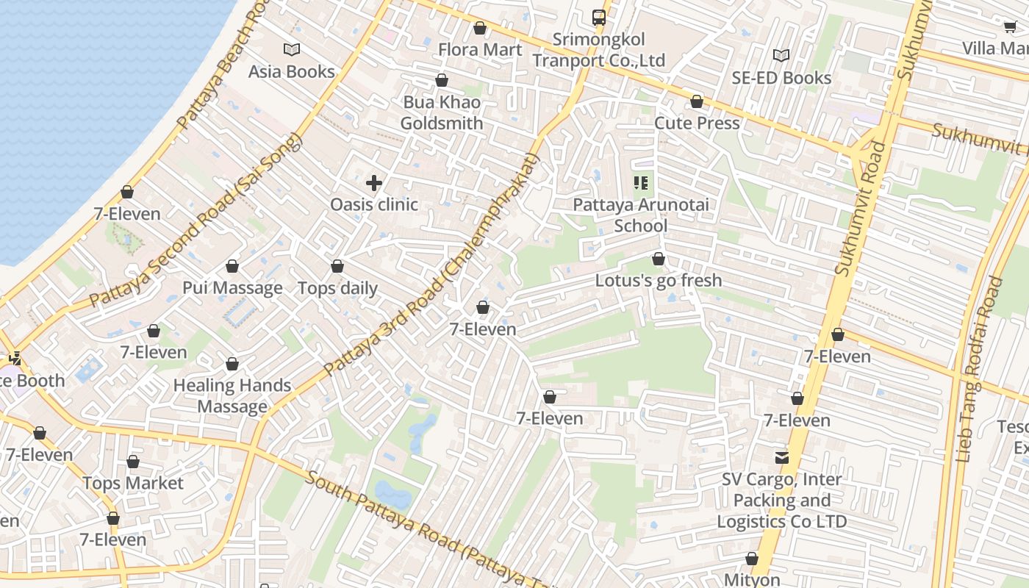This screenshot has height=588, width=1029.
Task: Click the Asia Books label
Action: [x=291, y=71]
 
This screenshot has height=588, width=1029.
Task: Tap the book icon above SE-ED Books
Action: [x=781, y=56]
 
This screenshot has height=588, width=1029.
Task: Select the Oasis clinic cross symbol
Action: [x=374, y=182]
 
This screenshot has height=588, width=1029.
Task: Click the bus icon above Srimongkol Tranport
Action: [x=599, y=17]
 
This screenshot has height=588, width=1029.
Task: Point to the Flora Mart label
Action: [x=479, y=49]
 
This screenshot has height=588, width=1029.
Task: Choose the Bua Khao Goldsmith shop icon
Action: [x=442, y=80]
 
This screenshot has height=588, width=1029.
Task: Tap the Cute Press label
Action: [x=696, y=123]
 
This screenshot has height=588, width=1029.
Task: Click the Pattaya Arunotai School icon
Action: [x=640, y=182]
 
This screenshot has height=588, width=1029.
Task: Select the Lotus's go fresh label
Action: [x=658, y=280]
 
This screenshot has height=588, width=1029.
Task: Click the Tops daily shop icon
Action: [x=337, y=266]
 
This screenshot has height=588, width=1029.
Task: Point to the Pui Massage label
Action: [x=232, y=287]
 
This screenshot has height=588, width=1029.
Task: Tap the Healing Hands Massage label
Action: [x=232, y=395]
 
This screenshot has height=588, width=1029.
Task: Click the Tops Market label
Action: [x=132, y=483]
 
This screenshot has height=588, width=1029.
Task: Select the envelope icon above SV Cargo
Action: [x=781, y=458]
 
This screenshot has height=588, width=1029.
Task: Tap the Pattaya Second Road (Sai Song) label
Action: [x=196, y=220]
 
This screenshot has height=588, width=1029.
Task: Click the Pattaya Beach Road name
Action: [x=220, y=66]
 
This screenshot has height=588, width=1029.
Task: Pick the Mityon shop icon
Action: [x=751, y=559]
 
